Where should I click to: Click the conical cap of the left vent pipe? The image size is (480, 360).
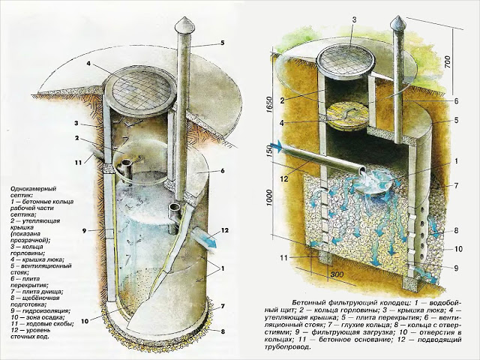(184, 24)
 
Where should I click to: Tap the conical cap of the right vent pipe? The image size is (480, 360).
(399, 22)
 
